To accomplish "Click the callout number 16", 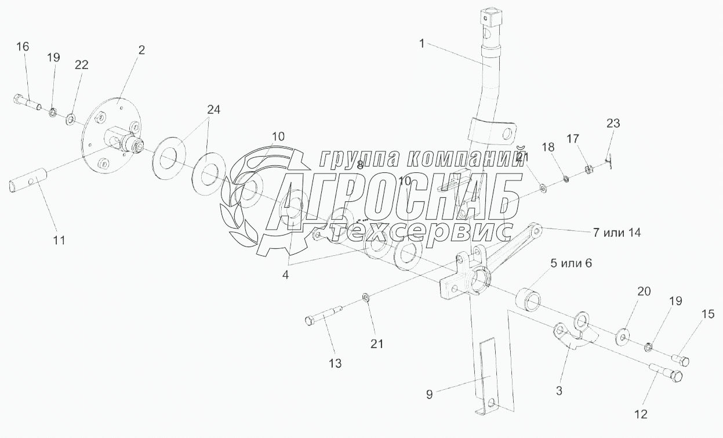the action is [23, 47].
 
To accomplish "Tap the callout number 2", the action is [141, 50].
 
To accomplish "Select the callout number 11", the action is [59, 240].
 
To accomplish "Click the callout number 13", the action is [335, 364].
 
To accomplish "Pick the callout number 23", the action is [613, 123].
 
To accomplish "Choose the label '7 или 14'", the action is [616, 232].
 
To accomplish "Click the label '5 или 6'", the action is [571, 263].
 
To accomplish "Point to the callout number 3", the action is [559, 390].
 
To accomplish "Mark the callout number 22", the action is [81, 64].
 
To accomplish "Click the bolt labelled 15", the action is [680, 361].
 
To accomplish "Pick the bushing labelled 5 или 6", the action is [528, 297].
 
